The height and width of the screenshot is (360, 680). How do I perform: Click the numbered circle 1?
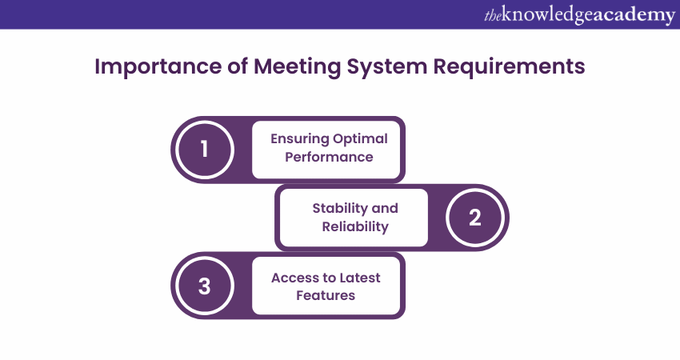[x=204, y=149]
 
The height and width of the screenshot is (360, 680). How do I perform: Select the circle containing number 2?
[x=474, y=218]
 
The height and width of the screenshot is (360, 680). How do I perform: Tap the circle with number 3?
[x=204, y=286]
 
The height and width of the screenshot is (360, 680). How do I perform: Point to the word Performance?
[x=329, y=157]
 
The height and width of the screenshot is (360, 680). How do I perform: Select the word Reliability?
[x=355, y=226]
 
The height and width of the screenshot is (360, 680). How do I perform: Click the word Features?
[x=326, y=296]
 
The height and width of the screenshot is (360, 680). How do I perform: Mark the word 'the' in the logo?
[x=493, y=15]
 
